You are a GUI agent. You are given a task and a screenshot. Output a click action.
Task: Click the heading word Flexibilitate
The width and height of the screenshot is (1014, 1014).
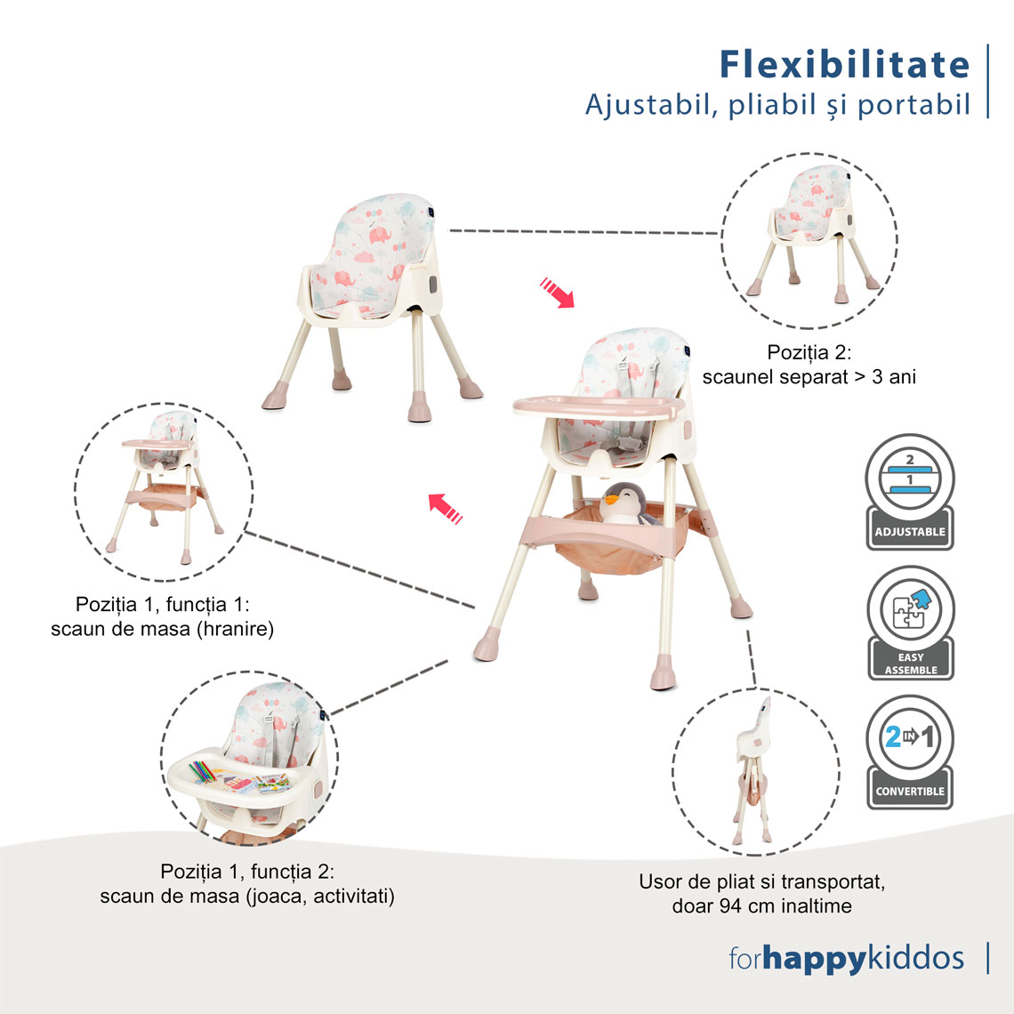[845, 65]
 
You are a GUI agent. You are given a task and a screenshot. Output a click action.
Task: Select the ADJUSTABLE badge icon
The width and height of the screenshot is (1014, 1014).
[910, 492]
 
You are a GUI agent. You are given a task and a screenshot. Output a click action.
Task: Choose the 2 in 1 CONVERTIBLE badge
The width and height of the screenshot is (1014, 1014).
[910, 752]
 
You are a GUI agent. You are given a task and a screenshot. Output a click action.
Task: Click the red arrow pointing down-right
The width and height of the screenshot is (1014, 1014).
[557, 293]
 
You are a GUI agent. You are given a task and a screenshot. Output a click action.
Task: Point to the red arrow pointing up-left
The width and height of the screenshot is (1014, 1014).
[446, 508]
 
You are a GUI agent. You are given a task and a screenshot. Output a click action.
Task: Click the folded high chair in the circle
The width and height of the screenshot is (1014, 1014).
[753, 769]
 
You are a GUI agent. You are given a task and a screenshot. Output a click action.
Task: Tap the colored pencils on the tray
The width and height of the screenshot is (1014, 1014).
[203, 771]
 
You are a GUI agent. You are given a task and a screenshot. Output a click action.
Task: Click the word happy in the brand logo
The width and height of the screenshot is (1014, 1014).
[814, 959]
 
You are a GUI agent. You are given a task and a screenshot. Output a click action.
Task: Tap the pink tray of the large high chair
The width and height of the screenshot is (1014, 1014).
[599, 406]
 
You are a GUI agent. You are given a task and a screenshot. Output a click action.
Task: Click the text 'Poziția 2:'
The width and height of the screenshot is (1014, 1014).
[809, 352]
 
